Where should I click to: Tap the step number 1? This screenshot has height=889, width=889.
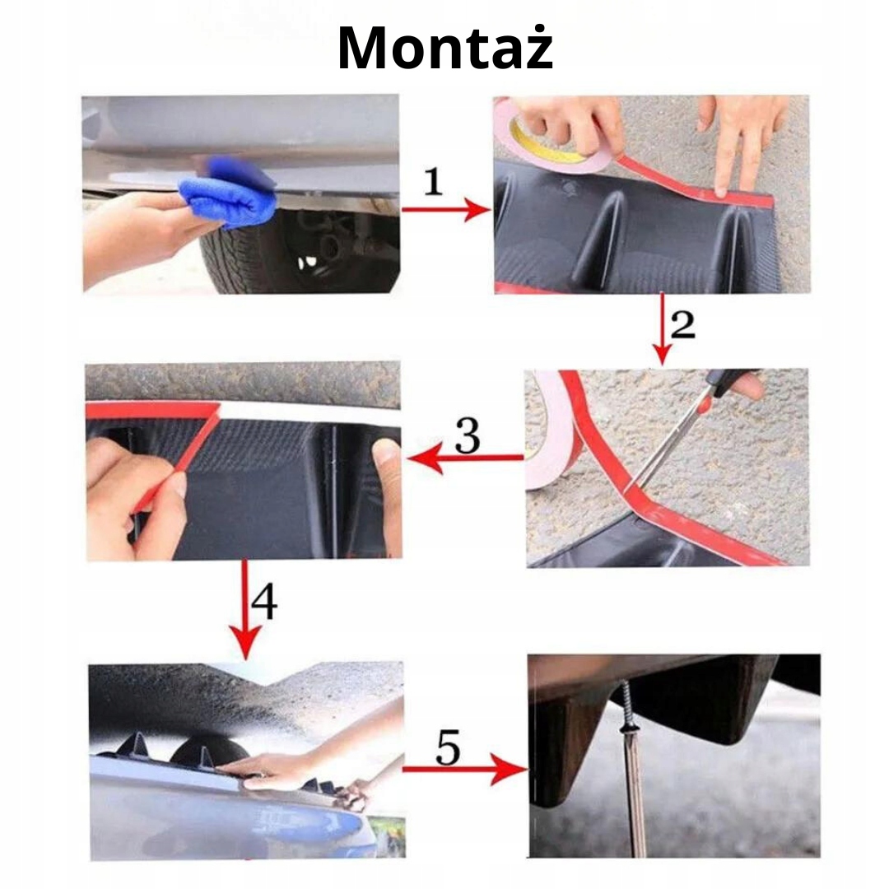pos(434,181)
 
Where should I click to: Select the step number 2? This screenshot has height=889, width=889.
pos(682,325)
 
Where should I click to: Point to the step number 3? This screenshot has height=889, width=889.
pos(468,435)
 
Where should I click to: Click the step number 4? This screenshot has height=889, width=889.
pos(264,602)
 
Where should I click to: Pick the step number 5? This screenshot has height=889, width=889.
pos(448,747)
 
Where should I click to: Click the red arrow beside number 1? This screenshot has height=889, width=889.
pos(446,210)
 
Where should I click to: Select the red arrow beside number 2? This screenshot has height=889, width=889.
pos(662,328)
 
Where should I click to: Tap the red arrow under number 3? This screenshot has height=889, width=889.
pos(465,458)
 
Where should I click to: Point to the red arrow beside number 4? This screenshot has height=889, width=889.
pos(245,610)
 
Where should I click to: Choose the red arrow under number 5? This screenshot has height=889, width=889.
pos(465,769)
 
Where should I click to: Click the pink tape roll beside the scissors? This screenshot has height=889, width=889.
pos(550,429)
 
